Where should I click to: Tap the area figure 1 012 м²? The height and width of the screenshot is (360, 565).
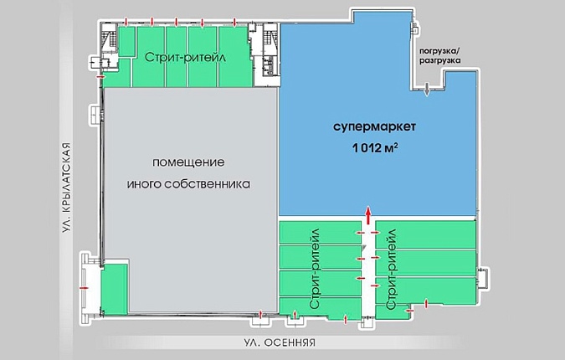click(x=375, y=147)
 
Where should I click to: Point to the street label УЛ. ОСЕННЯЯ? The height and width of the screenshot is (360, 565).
click(x=279, y=342)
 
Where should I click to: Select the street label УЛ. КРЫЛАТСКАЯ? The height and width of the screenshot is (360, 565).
click(x=65, y=188)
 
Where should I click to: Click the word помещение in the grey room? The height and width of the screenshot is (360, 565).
click(x=188, y=162)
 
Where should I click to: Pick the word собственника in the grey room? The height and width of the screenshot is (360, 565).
click(x=208, y=184)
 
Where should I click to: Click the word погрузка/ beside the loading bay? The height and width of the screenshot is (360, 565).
click(x=440, y=51)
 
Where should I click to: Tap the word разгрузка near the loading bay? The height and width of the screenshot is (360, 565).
click(x=440, y=60)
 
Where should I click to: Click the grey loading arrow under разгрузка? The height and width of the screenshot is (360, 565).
click(x=427, y=90)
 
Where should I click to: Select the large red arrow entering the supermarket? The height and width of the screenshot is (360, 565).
click(x=368, y=215)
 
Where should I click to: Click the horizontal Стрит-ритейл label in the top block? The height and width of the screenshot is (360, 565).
click(x=185, y=57)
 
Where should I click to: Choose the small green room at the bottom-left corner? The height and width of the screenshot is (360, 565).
click(x=114, y=289)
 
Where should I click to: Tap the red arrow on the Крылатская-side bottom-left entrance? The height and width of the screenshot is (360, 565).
click(x=84, y=288)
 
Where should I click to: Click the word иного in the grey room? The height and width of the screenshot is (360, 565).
click(x=144, y=184)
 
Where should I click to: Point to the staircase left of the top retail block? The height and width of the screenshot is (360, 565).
click(x=109, y=39)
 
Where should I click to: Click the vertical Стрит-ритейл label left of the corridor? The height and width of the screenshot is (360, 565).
click(x=315, y=269)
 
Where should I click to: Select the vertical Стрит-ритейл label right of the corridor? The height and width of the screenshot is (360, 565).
click(x=391, y=270)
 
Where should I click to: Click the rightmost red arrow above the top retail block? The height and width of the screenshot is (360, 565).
click(x=234, y=22)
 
